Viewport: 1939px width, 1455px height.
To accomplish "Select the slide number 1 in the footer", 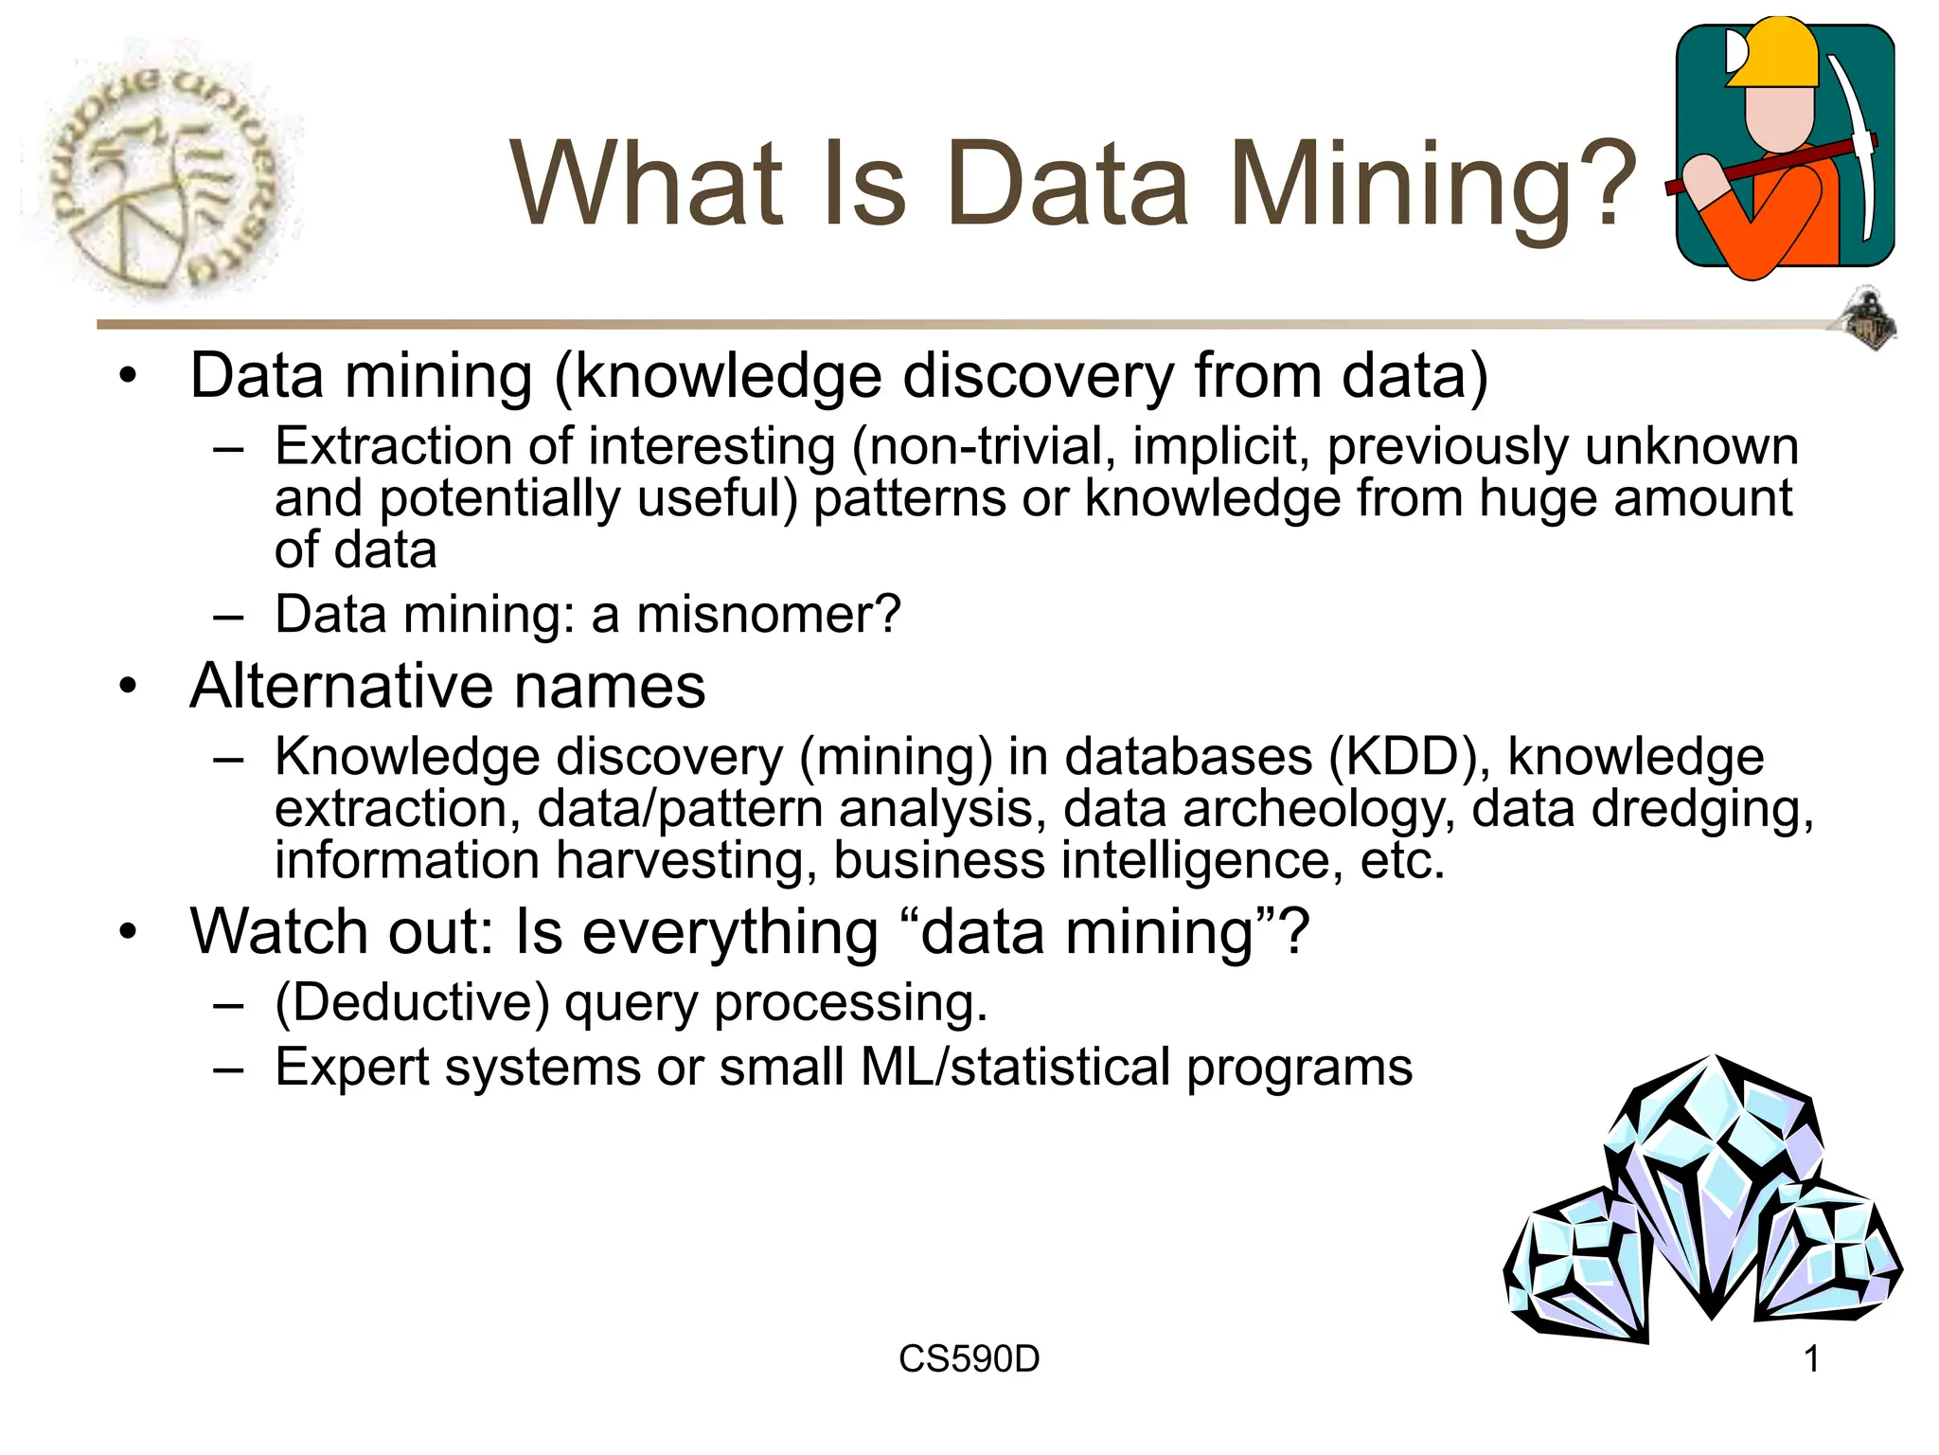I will tap(1811, 1359).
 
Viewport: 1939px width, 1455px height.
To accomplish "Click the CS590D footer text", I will tap(969, 1359).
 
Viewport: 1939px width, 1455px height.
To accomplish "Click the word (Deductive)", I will tap(412, 1003).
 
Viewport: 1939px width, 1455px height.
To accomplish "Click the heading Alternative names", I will tap(447, 686).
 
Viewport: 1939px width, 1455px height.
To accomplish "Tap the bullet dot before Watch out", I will tap(129, 932).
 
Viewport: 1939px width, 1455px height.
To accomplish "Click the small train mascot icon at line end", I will tap(1868, 320).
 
